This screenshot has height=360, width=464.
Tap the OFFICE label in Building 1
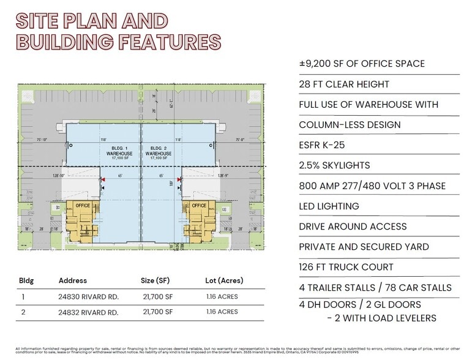pyautogui.click(x=80, y=206)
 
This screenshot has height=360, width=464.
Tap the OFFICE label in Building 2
pyautogui.click(x=199, y=206)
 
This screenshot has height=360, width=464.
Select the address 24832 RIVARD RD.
pyautogui.click(x=88, y=312)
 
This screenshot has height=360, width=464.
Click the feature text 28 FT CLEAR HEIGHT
pyautogui.click(x=343, y=84)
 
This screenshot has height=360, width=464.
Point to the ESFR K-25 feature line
pyautogui.click(x=326, y=145)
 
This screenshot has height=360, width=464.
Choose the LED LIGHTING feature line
pyautogui.click(x=329, y=206)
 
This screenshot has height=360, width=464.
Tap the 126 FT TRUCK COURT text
pyautogui.click(x=346, y=268)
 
